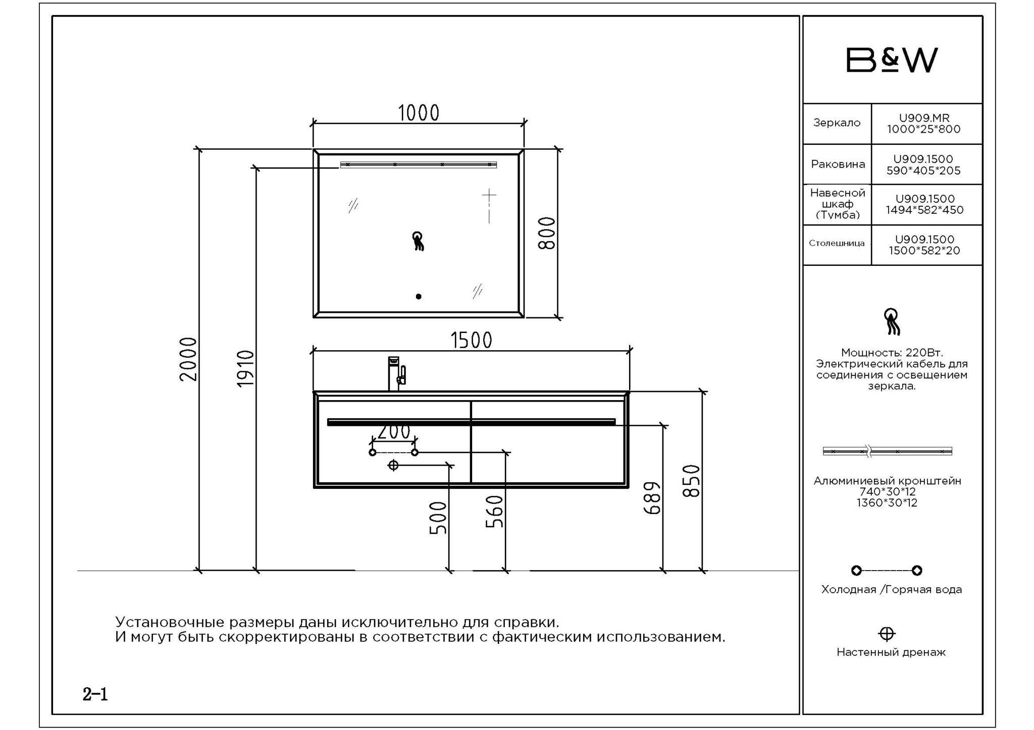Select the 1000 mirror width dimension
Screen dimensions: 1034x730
coord(419,113)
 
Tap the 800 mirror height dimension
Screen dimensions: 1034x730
coord(547,233)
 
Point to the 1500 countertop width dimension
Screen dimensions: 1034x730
coord(471,341)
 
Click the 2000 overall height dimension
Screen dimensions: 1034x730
coord(189,359)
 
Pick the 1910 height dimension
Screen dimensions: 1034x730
coord(245,369)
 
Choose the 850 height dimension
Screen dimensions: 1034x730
coord(691,481)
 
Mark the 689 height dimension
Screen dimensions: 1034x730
coord(652,498)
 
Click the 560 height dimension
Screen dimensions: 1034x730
coord(495,511)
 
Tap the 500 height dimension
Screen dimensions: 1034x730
coord(438,518)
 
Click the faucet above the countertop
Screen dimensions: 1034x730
coord(397,374)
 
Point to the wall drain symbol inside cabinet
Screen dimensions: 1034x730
coord(393,465)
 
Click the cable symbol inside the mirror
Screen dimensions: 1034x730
coord(418,241)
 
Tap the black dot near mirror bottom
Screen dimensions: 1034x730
coord(419,297)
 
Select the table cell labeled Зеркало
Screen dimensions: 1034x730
coord(837,123)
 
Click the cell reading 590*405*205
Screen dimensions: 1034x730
coord(923,171)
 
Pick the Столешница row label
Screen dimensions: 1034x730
coord(837,243)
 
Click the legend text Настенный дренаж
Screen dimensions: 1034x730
coord(891,652)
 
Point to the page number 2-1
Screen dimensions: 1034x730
coord(95,695)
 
